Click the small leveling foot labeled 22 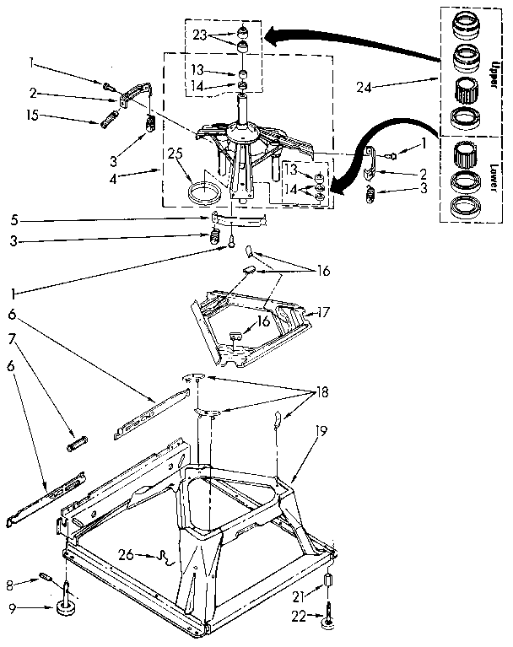tap(326, 625)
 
